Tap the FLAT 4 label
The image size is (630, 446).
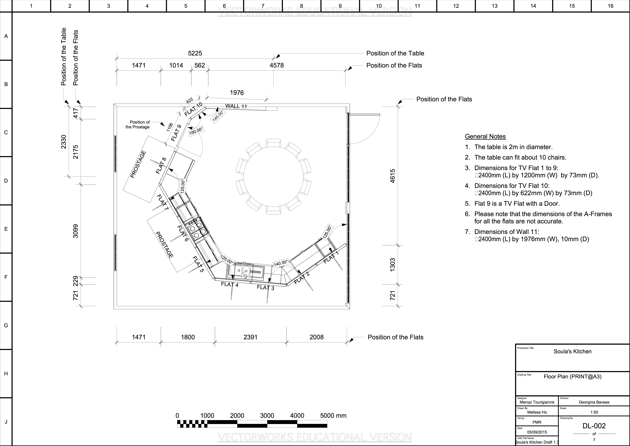coord(230,284)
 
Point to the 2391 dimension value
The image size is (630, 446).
coord(251,337)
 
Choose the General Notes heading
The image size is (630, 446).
coord(485,137)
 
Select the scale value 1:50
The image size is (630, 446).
coord(594,412)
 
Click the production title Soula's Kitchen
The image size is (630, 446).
coord(572,351)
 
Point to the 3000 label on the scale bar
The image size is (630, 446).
coord(267,415)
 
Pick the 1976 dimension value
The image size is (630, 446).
coord(237,93)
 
